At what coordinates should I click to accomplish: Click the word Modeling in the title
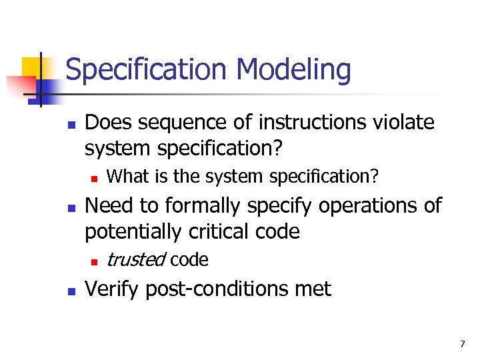click(x=293, y=70)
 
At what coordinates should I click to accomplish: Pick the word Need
click(x=107, y=206)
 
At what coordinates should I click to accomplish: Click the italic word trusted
click(x=135, y=259)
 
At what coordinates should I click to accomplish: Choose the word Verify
click(x=113, y=289)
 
